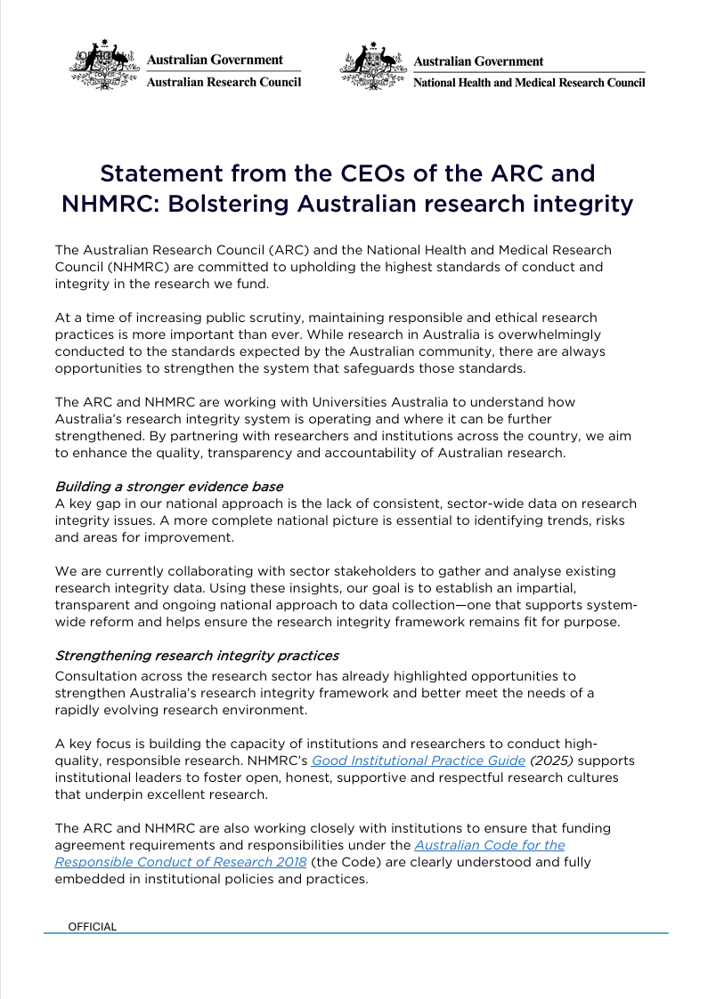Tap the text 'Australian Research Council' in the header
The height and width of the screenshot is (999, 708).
point(223,82)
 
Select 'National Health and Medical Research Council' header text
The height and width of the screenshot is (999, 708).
point(529,82)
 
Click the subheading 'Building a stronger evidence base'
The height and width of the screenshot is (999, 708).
point(169,487)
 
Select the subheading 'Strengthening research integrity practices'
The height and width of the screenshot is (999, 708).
point(197,656)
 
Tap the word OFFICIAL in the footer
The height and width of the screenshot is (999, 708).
point(93,926)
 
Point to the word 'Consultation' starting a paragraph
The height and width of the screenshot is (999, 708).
point(99,677)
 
